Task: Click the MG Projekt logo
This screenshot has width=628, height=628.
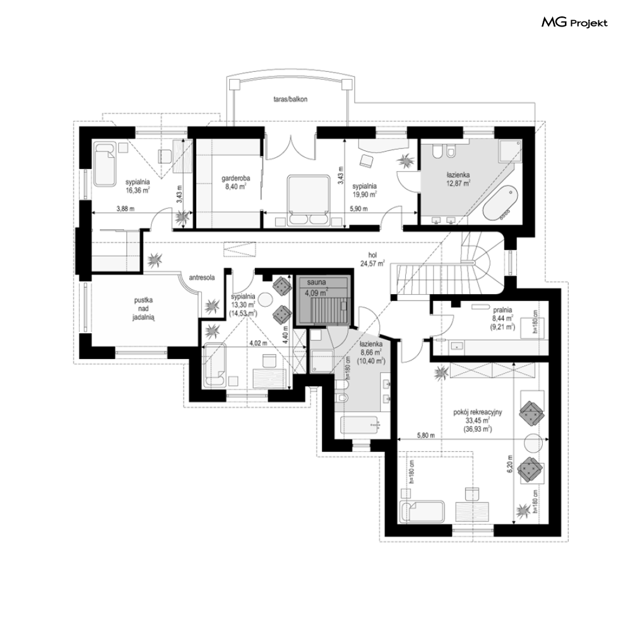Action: (574, 23)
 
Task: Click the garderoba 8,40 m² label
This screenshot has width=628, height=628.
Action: (236, 182)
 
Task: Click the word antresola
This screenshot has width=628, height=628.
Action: (202, 277)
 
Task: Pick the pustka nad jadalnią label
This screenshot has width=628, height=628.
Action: (143, 309)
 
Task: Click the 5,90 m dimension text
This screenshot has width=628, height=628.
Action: (358, 209)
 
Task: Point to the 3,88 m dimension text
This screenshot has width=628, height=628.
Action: (126, 208)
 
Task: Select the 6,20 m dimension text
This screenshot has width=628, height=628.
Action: (510, 464)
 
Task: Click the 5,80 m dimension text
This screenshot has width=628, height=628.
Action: (426, 435)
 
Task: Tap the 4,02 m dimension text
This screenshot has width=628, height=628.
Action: (258, 343)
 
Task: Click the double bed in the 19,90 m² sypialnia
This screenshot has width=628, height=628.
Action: (307, 200)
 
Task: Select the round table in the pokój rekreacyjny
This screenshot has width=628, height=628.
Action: (533, 443)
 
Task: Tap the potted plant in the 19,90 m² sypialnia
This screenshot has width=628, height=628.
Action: (405, 160)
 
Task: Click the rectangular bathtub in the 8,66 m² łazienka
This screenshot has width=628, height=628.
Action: (359, 425)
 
